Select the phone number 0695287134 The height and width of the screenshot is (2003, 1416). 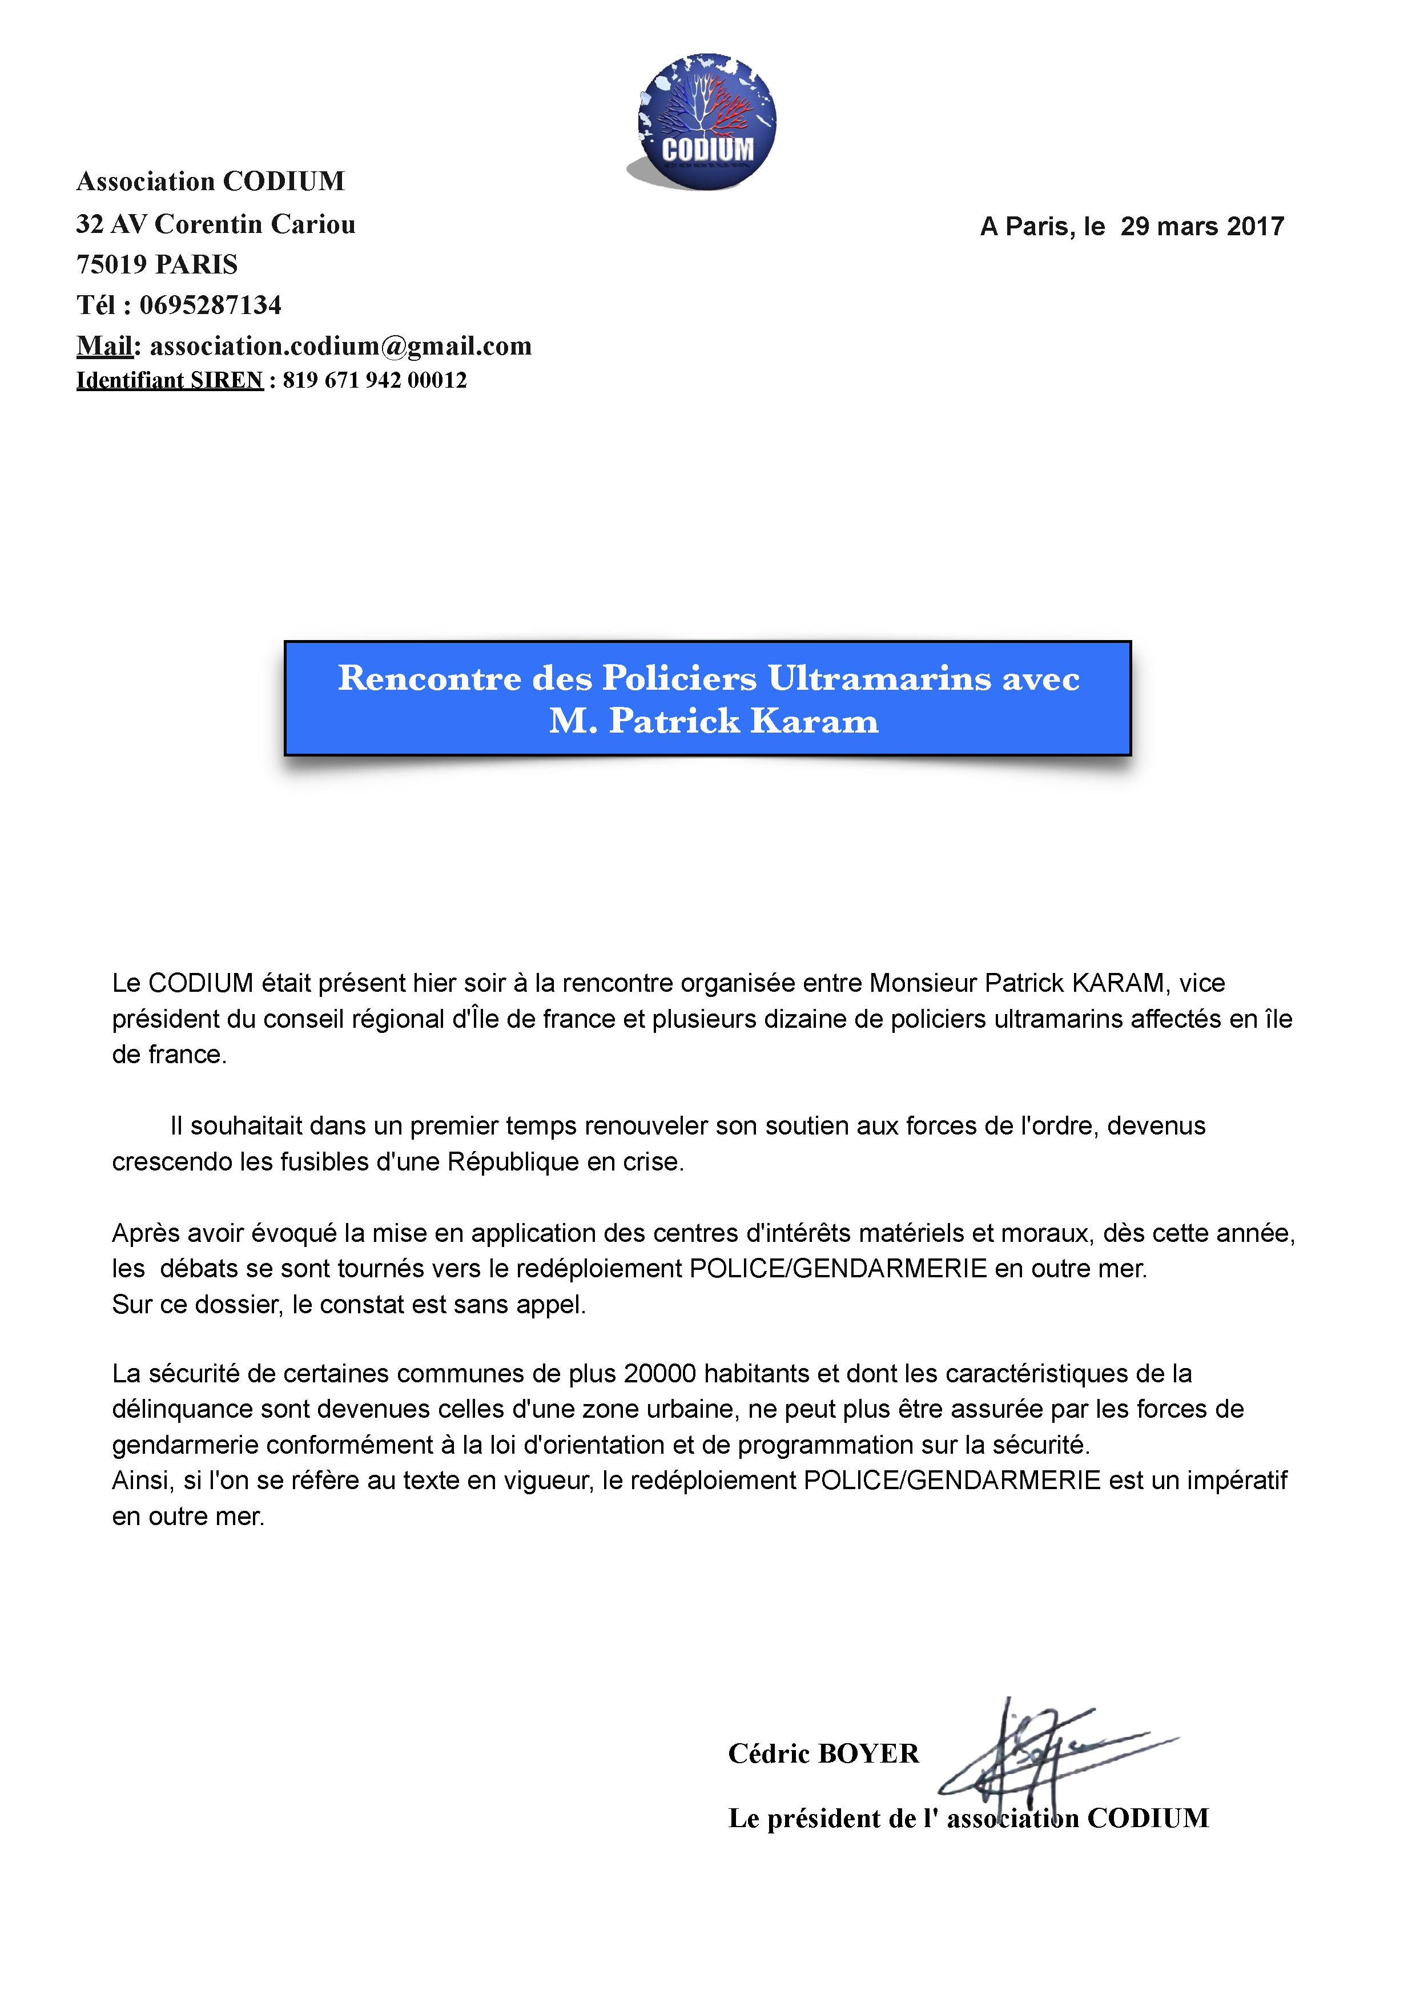[210, 305]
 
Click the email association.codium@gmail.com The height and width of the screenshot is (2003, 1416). [340, 347]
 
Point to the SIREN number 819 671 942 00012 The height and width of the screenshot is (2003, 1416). [375, 380]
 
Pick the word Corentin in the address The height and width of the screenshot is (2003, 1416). [208, 224]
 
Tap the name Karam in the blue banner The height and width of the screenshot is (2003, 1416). [814, 721]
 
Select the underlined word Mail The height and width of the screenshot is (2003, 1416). [104, 347]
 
